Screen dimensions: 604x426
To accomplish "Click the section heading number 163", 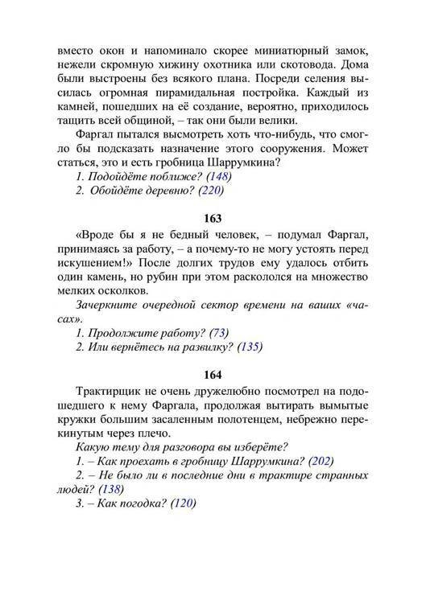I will coord(213,217).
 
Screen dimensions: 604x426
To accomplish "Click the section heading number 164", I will coord(213,376).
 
